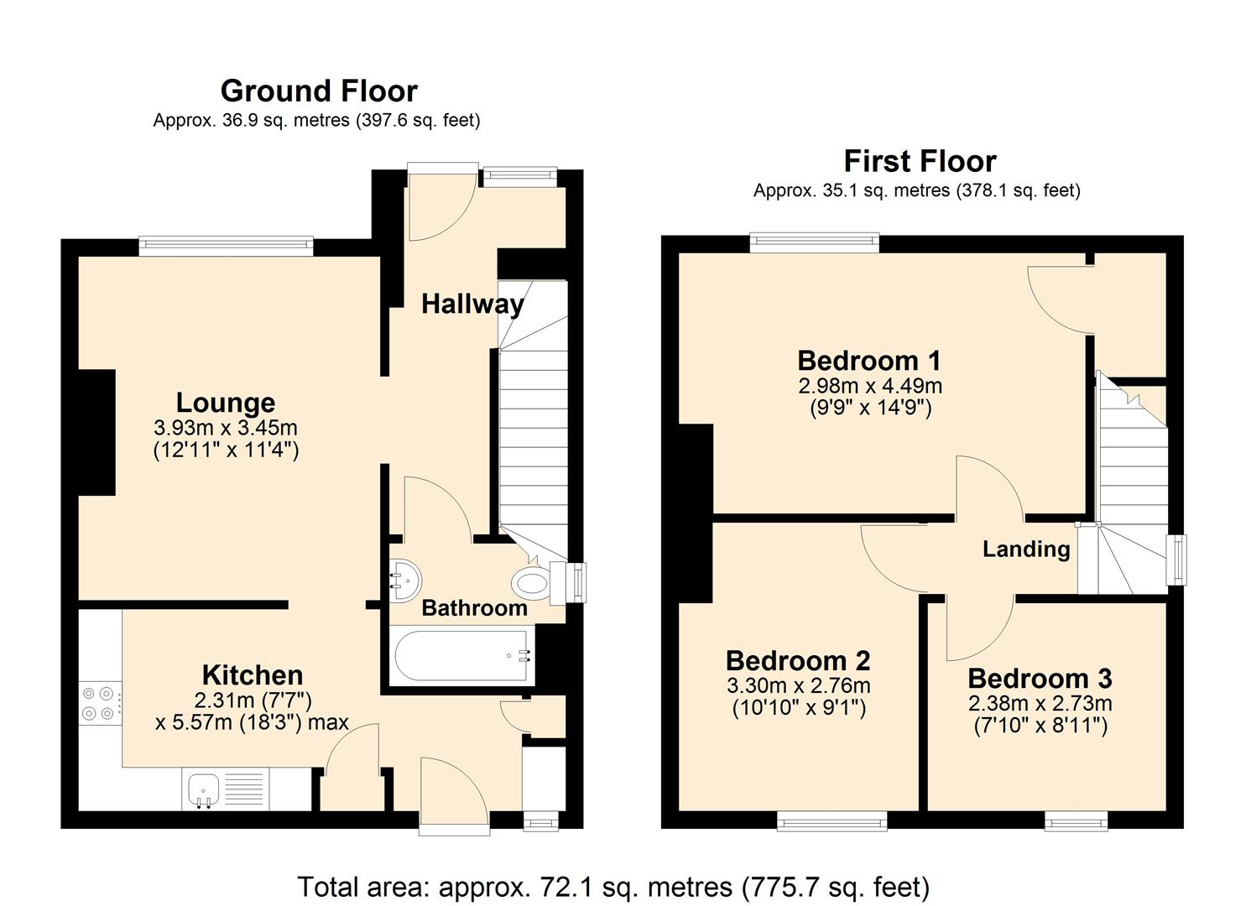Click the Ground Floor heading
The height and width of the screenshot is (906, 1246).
pyautogui.click(x=319, y=91)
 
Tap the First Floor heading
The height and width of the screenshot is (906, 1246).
pyautogui.click(x=920, y=161)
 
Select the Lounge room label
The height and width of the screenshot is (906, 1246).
pyautogui.click(x=225, y=404)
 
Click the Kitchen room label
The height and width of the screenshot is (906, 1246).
pyautogui.click(x=253, y=676)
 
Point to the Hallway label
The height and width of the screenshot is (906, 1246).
pyautogui.click(x=473, y=305)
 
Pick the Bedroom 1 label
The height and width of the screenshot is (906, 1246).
pyautogui.click(x=869, y=361)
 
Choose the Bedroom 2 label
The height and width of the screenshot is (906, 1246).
pyautogui.click(x=798, y=661)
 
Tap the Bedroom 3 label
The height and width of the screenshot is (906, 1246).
pyautogui.click(x=1040, y=679)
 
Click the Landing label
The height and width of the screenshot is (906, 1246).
pyautogui.click(x=1026, y=549)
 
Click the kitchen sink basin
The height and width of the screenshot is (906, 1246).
pyautogui.click(x=204, y=789)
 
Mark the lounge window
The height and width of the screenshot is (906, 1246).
pyautogui.click(x=226, y=245)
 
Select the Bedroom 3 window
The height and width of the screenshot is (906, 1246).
pyautogui.click(x=1077, y=821)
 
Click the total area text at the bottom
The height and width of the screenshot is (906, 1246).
pyautogui.click(x=613, y=887)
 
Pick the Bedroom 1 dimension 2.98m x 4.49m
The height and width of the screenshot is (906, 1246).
pyautogui.click(x=870, y=385)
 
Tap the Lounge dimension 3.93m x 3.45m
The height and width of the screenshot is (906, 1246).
pyautogui.click(x=225, y=428)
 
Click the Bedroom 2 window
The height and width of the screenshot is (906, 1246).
pyautogui.click(x=832, y=821)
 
